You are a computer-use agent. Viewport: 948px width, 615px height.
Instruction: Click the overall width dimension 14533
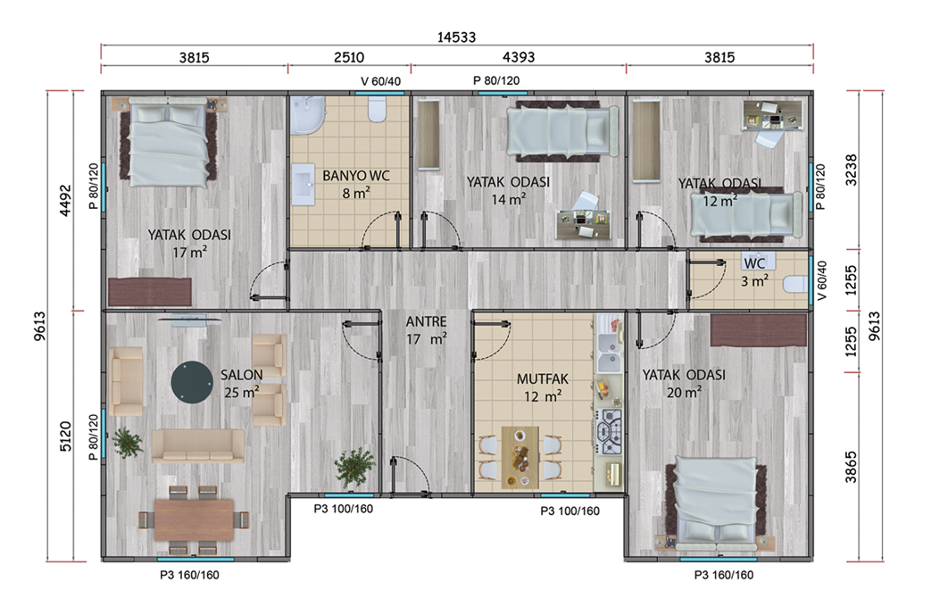click(x=456, y=37)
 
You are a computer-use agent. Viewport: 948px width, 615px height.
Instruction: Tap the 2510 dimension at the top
click(x=349, y=57)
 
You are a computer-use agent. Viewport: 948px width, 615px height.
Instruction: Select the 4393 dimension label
click(x=519, y=57)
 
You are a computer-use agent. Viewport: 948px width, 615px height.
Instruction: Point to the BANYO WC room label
click(x=356, y=176)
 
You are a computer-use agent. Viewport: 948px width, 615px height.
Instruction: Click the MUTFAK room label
click(x=543, y=379)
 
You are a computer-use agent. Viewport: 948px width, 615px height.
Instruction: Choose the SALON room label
click(x=241, y=375)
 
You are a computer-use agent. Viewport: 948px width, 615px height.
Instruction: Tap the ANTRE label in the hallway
click(x=426, y=321)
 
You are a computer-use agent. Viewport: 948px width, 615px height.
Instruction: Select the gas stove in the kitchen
click(x=610, y=432)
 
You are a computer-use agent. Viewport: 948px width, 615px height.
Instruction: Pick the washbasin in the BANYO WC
click(x=303, y=185)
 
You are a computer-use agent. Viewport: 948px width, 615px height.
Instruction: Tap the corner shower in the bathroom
click(x=307, y=115)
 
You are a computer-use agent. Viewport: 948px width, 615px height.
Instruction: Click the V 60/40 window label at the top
click(x=380, y=81)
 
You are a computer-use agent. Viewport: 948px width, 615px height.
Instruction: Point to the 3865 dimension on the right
click(x=851, y=466)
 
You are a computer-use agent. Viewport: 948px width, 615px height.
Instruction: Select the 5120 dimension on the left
click(x=65, y=436)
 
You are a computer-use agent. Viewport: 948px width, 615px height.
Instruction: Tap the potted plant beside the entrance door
click(x=355, y=467)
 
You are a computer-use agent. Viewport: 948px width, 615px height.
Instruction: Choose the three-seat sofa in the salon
click(x=197, y=445)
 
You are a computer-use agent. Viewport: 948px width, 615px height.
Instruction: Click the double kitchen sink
click(x=609, y=352)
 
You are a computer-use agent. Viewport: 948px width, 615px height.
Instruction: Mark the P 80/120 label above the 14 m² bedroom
click(x=496, y=80)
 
